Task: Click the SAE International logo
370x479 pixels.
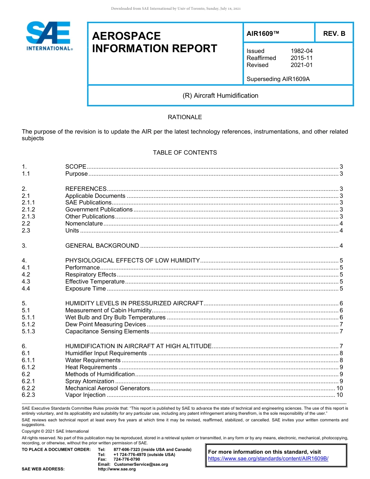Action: click(48, 36)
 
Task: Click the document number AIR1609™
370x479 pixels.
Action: click(263, 33)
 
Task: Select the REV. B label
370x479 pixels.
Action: click(334, 33)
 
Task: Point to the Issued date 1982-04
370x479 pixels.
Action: click(301, 51)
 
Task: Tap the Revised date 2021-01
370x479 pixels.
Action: click(301, 65)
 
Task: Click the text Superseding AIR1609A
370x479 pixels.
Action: click(278, 79)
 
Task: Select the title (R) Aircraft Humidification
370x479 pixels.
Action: click(220, 95)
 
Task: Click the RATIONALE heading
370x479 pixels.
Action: click(185, 117)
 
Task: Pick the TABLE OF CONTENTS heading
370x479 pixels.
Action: click(185, 153)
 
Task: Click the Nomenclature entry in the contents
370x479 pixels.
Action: click(84, 224)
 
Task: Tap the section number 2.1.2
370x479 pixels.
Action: click(28, 210)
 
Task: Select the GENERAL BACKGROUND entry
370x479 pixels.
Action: click(102, 246)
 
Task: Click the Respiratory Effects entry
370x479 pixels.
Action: click(91, 275)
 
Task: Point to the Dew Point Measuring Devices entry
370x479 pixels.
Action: click(106, 324)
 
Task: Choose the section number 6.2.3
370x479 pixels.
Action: click(28, 395)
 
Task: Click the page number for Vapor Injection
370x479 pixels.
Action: click(339, 395)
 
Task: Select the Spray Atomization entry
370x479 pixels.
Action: click(90, 381)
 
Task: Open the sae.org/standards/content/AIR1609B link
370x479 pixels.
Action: click(268, 459)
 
